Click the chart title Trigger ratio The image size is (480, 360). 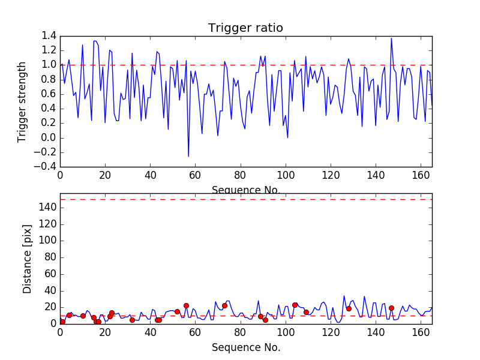245,28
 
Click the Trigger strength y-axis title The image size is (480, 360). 22,101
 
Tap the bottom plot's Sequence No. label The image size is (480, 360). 246,347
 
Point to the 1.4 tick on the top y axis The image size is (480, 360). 49,36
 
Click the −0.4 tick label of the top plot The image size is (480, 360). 47,167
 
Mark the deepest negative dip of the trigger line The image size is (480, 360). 188,157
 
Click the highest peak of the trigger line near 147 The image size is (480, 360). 391,38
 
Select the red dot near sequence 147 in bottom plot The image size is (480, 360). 391,308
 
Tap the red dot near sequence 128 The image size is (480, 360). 349,308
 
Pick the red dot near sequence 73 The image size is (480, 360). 224,305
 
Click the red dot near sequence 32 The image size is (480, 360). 132,320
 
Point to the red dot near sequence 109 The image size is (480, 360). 306,312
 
